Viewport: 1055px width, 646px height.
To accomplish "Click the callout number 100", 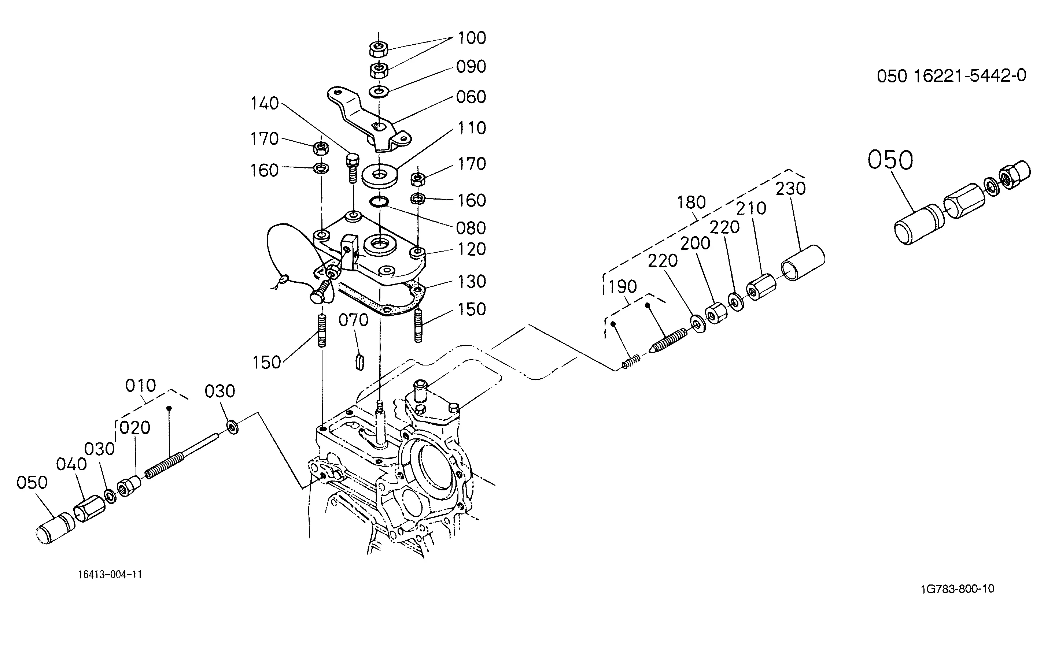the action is point(472,38).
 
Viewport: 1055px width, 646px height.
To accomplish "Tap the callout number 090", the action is point(471,67).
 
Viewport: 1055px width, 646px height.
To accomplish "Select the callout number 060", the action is point(471,97).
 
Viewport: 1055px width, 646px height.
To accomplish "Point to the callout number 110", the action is point(472,128).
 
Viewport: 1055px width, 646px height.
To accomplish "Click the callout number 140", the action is point(265,104).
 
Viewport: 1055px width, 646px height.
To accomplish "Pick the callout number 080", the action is point(471,228).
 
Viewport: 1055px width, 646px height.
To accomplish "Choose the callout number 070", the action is point(353,320).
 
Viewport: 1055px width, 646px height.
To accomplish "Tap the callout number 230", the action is point(790,189).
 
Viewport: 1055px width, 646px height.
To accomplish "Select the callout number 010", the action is point(140,386).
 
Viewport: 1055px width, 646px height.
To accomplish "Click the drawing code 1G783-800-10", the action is point(958,589).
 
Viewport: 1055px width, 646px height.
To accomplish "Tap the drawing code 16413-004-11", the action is point(110,575).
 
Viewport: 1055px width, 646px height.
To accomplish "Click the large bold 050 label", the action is point(890,160).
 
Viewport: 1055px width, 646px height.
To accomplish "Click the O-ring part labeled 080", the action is point(379,201).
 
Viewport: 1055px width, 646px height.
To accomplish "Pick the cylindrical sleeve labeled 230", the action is point(803,263).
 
